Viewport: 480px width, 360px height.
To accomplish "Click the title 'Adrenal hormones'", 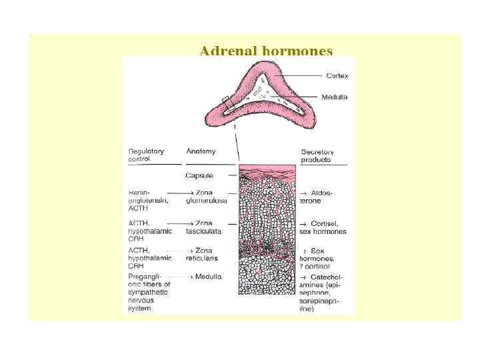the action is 266,51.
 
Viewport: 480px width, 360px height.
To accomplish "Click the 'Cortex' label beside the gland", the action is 337,75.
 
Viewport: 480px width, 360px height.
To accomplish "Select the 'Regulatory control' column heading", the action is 146,155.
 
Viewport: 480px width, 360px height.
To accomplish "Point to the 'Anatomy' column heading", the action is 201,151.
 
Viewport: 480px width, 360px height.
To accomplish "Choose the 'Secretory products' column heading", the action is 317,155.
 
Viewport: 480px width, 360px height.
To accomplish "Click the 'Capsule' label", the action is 199,175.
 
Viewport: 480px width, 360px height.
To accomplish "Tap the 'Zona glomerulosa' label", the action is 206,197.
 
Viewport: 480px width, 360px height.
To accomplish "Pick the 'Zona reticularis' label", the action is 202,254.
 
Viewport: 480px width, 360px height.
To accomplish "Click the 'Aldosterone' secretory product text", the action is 317,197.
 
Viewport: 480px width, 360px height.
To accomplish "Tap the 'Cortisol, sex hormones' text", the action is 323,227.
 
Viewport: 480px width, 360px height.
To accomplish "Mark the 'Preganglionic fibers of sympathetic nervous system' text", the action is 149,292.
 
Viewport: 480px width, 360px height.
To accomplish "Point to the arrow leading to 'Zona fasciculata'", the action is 175,223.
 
